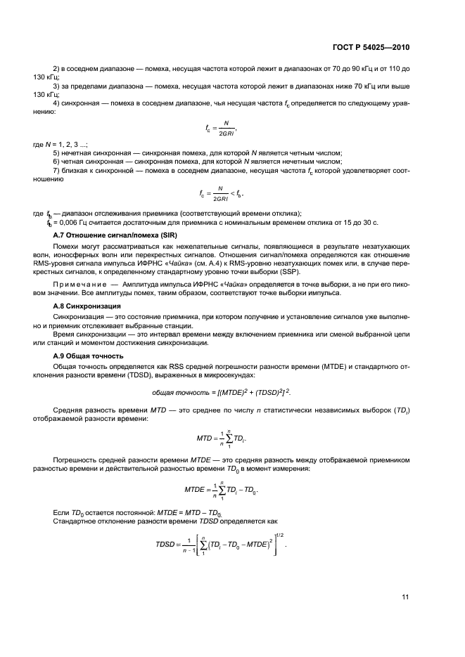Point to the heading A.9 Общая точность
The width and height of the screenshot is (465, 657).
(84, 356)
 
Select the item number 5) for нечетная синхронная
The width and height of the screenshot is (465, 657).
(57, 152)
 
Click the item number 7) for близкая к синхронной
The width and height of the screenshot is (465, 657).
(57, 171)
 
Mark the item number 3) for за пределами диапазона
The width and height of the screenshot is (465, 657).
(57, 85)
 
